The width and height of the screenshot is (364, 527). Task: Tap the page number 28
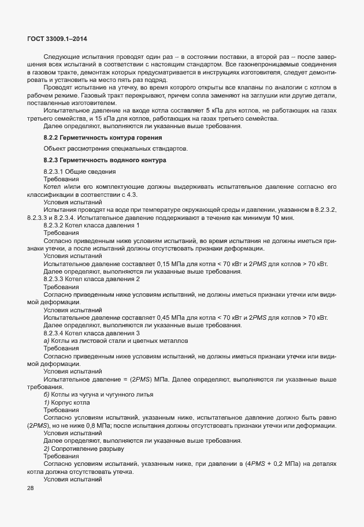31,489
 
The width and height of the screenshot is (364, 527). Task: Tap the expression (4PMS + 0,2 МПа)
281,464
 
